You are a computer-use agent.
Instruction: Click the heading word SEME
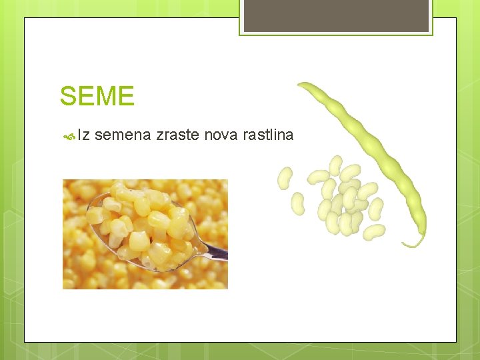click(97, 96)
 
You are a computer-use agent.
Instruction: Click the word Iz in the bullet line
click(84, 135)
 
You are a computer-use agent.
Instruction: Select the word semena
click(123, 135)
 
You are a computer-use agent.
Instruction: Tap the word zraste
click(177, 135)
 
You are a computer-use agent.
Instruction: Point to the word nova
click(221, 135)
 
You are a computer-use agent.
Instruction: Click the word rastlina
click(268, 135)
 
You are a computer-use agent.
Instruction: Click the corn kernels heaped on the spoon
click(143, 220)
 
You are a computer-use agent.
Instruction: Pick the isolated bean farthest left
click(285, 178)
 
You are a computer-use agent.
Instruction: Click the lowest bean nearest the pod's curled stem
click(375, 231)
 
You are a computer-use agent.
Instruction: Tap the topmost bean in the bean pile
click(335, 165)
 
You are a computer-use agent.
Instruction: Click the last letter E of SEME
click(126, 96)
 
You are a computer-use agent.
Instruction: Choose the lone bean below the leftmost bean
click(298, 203)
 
